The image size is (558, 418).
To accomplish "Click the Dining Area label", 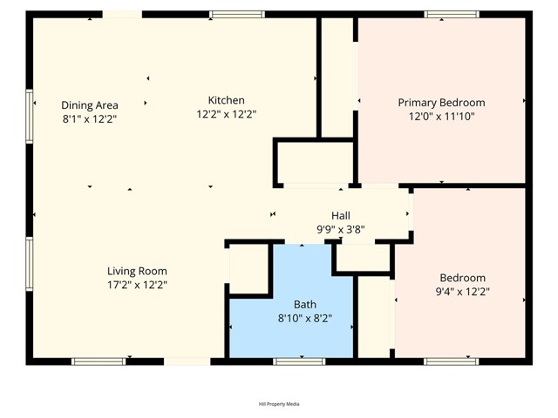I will [x=89, y=105].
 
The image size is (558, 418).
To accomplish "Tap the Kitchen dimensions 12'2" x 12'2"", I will [x=226, y=114].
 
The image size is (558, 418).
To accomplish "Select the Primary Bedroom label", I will [x=441, y=103].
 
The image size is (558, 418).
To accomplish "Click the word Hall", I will [x=341, y=216].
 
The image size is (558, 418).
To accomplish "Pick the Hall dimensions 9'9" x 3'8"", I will [x=341, y=230].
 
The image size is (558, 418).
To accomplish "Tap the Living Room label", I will [x=137, y=271].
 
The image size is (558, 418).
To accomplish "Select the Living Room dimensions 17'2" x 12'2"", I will [x=137, y=284].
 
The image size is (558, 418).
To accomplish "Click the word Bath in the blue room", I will [x=304, y=304].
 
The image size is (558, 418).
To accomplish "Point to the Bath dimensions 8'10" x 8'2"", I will [x=304, y=318].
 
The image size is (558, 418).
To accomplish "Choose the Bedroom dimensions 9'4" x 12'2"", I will [x=463, y=292].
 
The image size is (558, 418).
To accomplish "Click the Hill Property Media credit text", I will [x=279, y=404].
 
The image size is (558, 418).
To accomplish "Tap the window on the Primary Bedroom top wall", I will [x=451, y=14].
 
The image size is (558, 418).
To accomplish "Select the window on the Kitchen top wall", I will [x=236, y=14].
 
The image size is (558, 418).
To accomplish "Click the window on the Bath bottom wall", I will [x=300, y=361].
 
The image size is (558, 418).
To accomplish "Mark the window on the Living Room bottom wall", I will [x=99, y=361].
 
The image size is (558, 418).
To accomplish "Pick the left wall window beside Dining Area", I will [x=30, y=116].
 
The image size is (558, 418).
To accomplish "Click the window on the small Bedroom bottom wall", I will [x=451, y=361].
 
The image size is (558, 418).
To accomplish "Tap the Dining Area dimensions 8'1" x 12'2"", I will [x=89, y=118].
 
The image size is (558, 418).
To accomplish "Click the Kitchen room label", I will [x=226, y=100].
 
